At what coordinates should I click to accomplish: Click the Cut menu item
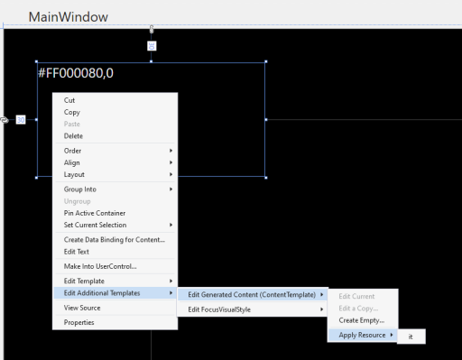[x=69, y=100]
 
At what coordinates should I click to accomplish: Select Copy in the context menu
[x=72, y=113]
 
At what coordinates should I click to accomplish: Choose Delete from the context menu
[x=73, y=136]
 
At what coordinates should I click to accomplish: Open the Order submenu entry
[x=72, y=151]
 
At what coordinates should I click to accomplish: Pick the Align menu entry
[x=72, y=162]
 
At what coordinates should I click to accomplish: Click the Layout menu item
[x=74, y=175]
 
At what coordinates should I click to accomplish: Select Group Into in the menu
[x=80, y=189]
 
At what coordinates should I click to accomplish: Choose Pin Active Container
[x=95, y=213]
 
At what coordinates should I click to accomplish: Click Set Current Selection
[x=95, y=225]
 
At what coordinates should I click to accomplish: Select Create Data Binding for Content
[x=115, y=240]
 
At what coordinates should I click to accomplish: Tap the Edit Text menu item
[x=77, y=252]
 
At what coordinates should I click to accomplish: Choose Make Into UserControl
[x=100, y=266]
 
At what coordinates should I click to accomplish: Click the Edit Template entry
[x=84, y=282]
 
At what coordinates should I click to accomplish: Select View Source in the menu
[x=82, y=308]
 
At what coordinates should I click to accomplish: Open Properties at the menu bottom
[x=79, y=323]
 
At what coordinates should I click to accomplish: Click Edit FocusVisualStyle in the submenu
[x=219, y=309]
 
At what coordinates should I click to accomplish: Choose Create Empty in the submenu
[x=362, y=320]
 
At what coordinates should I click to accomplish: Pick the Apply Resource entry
[x=362, y=336]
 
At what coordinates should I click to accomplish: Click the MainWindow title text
[x=69, y=17]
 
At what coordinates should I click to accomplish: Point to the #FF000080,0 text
[x=76, y=73]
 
